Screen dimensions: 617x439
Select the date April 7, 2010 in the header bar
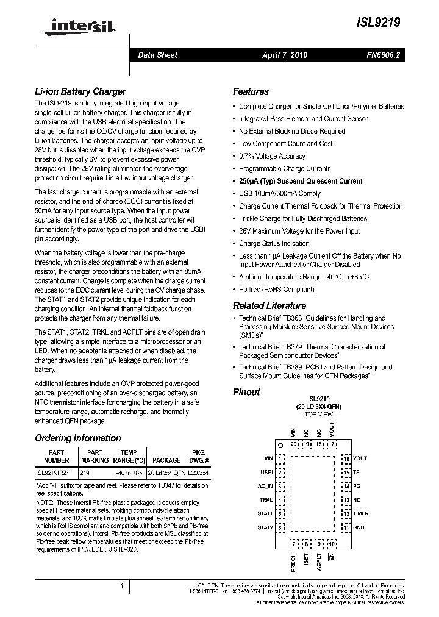pyautogui.click(x=285, y=55)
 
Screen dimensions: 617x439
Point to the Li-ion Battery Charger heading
pyautogui.click(x=80, y=91)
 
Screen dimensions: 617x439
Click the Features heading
pyautogui.click(x=251, y=91)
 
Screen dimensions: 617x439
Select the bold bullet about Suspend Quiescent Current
pyautogui.click(x=301, y=181)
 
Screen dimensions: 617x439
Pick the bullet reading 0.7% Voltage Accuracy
pyautogui.click(x=272, y=156)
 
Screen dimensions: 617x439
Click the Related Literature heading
pyautogui.click(x=269, y=305)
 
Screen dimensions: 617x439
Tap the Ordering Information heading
pyautogui.click(x=78, y=438)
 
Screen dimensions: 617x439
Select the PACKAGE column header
pyautogui.click(x=166, y=460)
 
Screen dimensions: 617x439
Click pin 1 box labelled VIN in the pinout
pyautogui.click(x=280, y=458)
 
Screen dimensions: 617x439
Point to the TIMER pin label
pyautogui.click(x=361, y=513)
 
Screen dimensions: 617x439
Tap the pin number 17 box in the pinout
pyautogui.click(x=331, y=444)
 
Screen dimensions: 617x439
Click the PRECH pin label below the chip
pyautogui.click(x=294, y=561)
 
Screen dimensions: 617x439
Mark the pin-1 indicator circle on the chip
pyautogui.click(x=280, y=445)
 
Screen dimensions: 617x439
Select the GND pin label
pyautogui.click(x=359, y=527)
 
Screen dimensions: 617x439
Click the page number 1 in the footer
pyautogui.click(x=123, y=586)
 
